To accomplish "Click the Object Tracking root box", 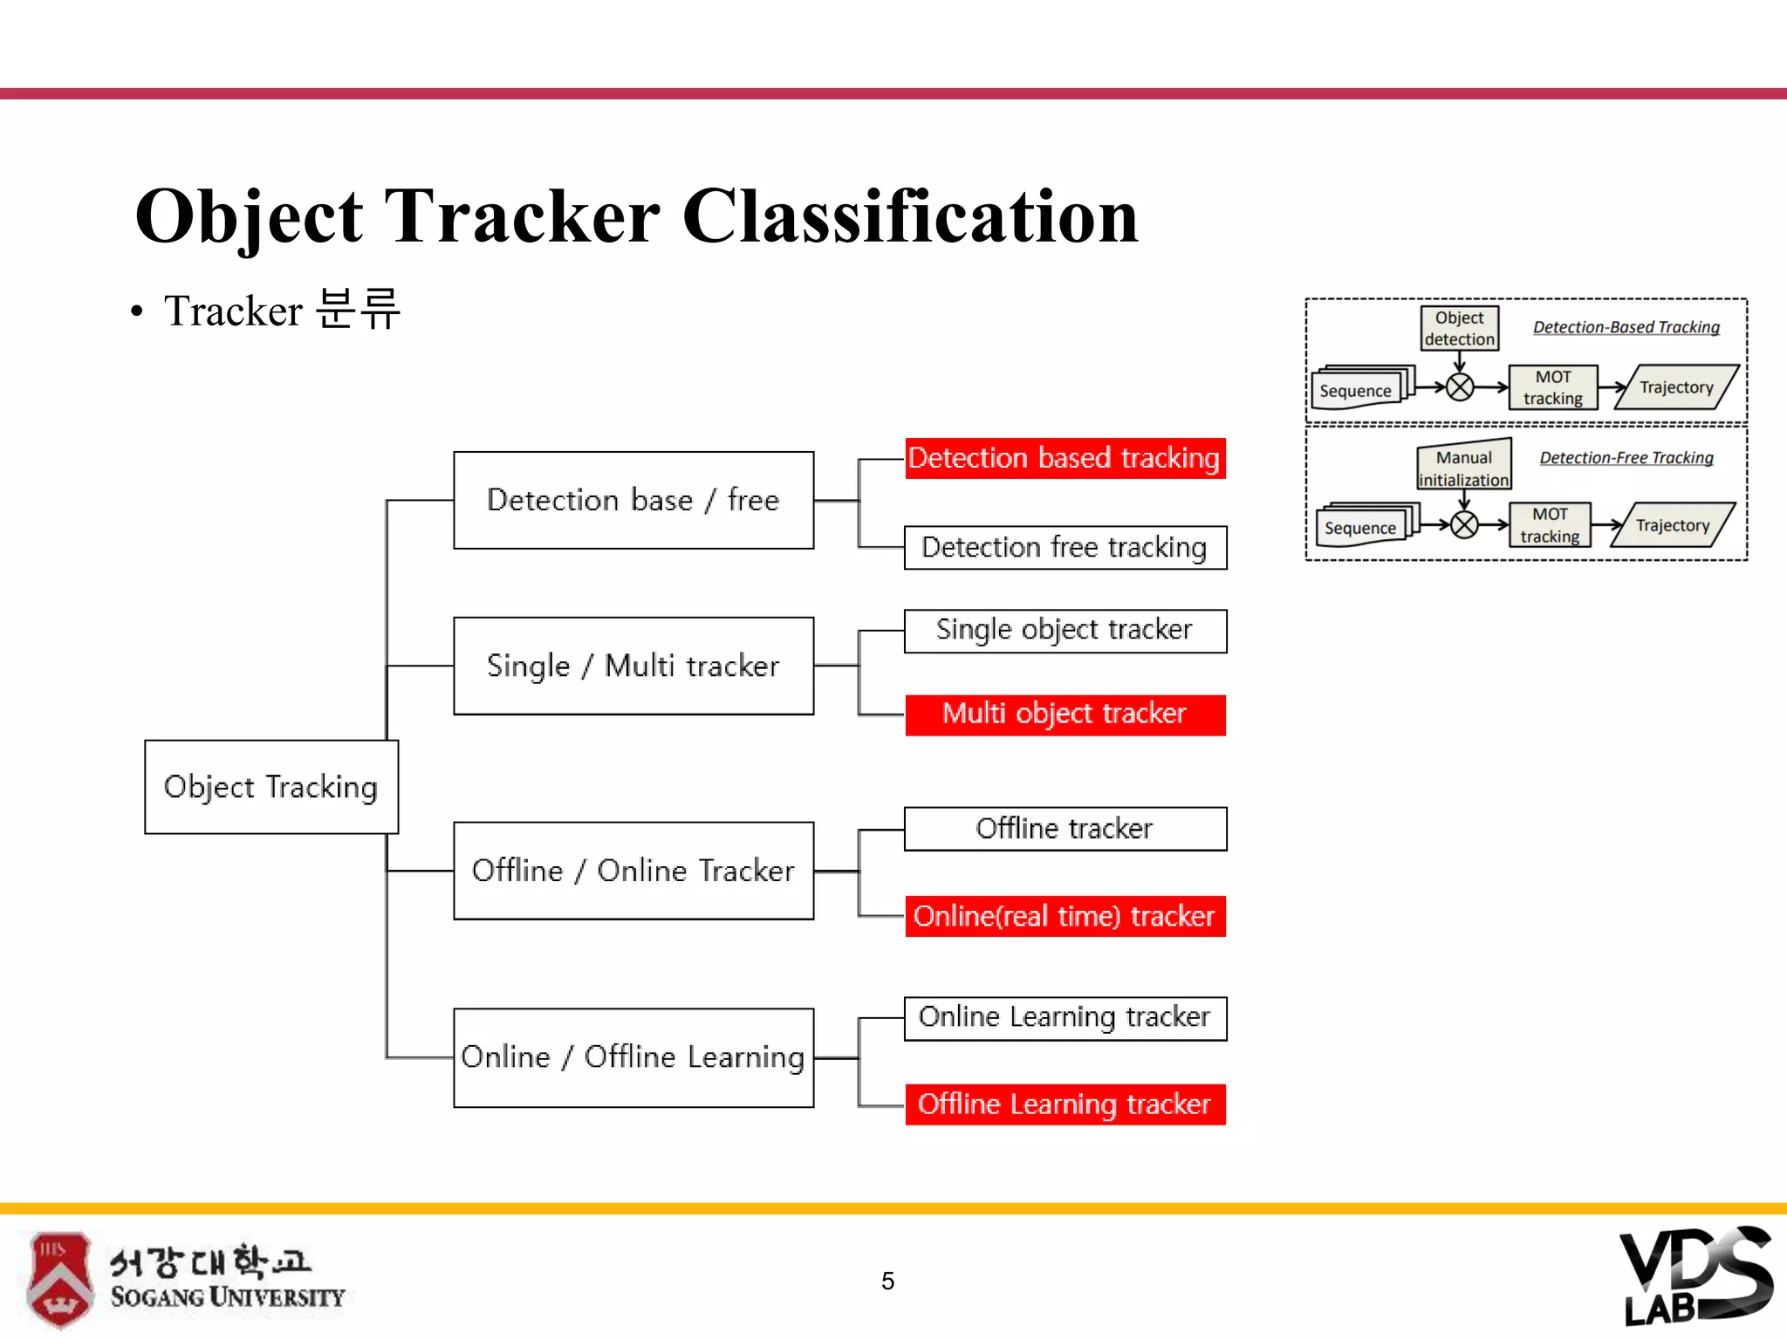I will [x=270, y=787].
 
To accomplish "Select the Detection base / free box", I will [x=633, y=500].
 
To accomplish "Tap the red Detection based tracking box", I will [x=1065, y=458].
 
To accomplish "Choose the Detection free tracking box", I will [x=1065, y=547].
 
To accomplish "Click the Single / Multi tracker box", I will [x=633, y=666].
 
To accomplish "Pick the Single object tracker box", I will [x=1065, y=630].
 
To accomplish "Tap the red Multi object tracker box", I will [x=1065, y=714].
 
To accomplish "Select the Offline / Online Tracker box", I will [x=633, y=871].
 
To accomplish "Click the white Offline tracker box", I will [x=1065, y=828].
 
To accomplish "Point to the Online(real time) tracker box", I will [x=1065, y=916].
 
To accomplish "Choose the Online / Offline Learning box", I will [x=633, y=1057].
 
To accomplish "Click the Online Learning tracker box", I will [x=1065, y=1018].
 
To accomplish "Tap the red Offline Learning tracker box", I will [x=1065, y=1104].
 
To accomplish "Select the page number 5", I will [x=887, y=1281].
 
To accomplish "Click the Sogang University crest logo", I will [x=58, y=1279].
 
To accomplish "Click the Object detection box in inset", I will [x=1459, y=328].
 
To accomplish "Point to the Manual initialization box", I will [x=1463, y=468].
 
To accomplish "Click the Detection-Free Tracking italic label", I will [x=1626, y=458].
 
